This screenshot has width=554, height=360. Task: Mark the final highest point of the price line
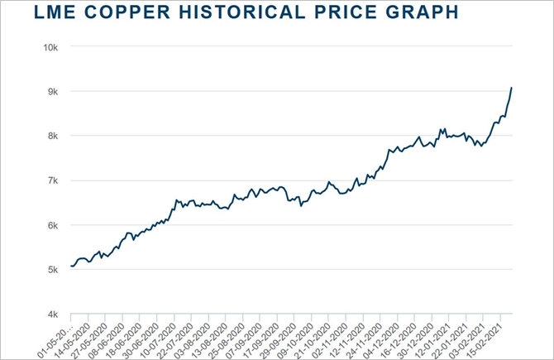[512, 88]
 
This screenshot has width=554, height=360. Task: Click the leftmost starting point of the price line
[71, 266]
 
